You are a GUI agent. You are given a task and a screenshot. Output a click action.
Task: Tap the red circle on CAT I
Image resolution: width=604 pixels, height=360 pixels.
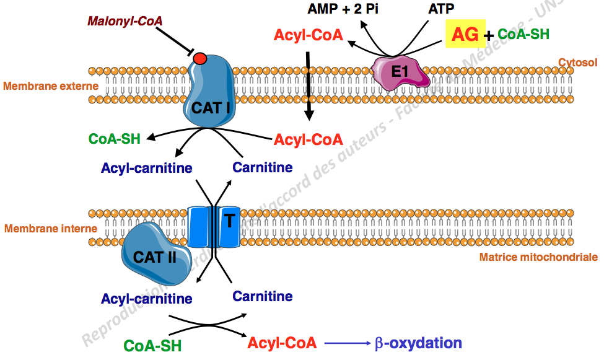click(x=199, y=59)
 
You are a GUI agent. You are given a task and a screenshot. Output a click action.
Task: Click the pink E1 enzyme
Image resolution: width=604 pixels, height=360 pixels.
click(x=400, y=72)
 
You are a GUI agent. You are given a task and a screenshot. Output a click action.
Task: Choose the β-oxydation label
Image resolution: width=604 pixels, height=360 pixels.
click(x=418, y=343)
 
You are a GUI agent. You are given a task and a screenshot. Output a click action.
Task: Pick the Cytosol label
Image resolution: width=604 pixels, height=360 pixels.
click(x=577, y=62)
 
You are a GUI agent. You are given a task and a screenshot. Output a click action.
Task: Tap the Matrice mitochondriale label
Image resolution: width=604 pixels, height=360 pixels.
click(x=538, y=257)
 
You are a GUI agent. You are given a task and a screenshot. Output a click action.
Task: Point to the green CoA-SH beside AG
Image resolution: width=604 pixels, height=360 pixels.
click(x=523, y=34)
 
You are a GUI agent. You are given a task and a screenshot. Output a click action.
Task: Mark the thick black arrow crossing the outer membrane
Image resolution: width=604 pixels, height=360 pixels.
click(x=309, y=87)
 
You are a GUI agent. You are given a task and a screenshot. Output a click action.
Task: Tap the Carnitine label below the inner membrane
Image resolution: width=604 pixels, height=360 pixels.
click(x=263, y=296)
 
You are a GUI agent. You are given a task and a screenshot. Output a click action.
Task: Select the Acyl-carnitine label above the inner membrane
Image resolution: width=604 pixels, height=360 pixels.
click(x=147, y=168)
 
